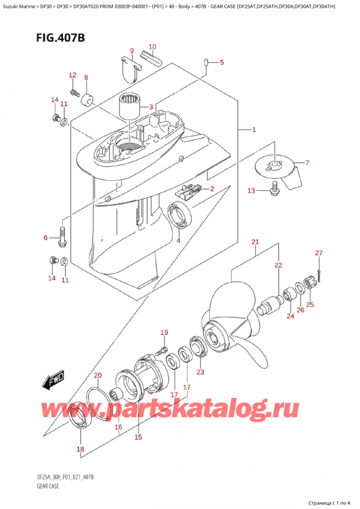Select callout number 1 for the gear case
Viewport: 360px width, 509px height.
[254, 130]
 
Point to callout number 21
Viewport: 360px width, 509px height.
[255, 242]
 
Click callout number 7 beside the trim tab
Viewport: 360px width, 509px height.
[307, 163]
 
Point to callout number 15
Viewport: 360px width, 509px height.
[138, 437]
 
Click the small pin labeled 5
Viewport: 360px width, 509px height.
[206, 62]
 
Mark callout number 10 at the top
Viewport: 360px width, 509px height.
[152, 47]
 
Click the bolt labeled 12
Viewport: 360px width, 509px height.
[76, 92]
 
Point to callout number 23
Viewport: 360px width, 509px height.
[200, 372]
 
